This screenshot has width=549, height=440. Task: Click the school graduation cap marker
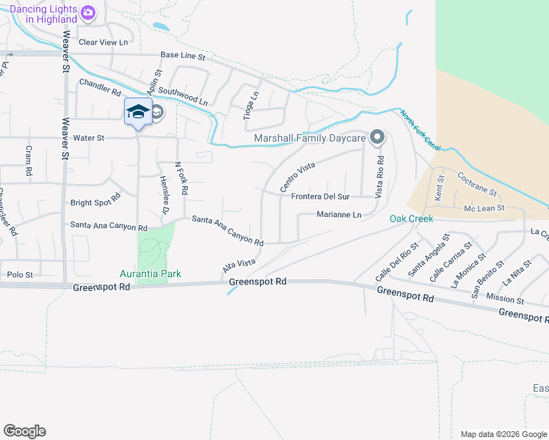coord(137,111)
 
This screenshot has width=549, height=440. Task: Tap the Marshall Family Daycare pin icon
coord(377,137)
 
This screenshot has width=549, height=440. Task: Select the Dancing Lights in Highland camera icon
coord(88,12)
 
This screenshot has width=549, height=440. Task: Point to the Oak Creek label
coord(411,219)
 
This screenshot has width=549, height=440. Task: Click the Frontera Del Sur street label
coord(320,197)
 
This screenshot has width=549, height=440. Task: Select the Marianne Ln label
coord(339,215)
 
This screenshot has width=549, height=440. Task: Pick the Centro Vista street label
coord(297,178)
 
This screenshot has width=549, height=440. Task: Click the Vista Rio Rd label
coord(379,176)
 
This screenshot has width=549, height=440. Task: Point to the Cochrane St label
coord(477,183)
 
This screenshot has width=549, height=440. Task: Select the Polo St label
coord(20,274)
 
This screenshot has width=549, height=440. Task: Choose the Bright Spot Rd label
coord(95,202)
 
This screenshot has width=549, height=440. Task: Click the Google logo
coord(24,431)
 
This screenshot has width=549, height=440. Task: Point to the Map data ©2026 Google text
coord(503,434)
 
